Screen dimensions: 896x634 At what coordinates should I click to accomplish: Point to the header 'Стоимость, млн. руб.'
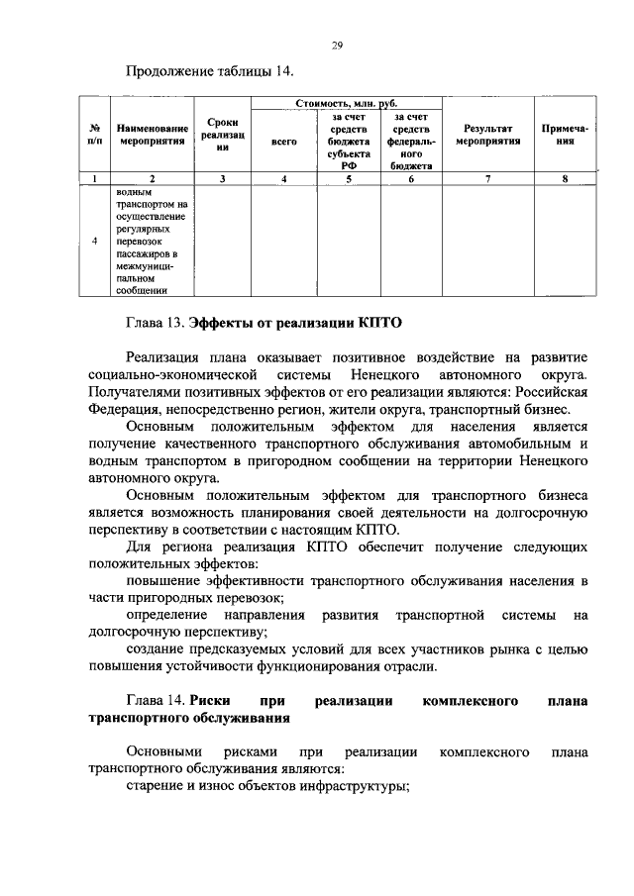347,103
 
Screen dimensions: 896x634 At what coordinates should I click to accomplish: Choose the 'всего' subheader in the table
283,142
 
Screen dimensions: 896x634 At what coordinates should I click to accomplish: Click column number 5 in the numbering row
349,178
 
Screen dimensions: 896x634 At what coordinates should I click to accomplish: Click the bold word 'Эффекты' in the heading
226,323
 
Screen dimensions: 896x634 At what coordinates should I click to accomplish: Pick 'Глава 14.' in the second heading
156,702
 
